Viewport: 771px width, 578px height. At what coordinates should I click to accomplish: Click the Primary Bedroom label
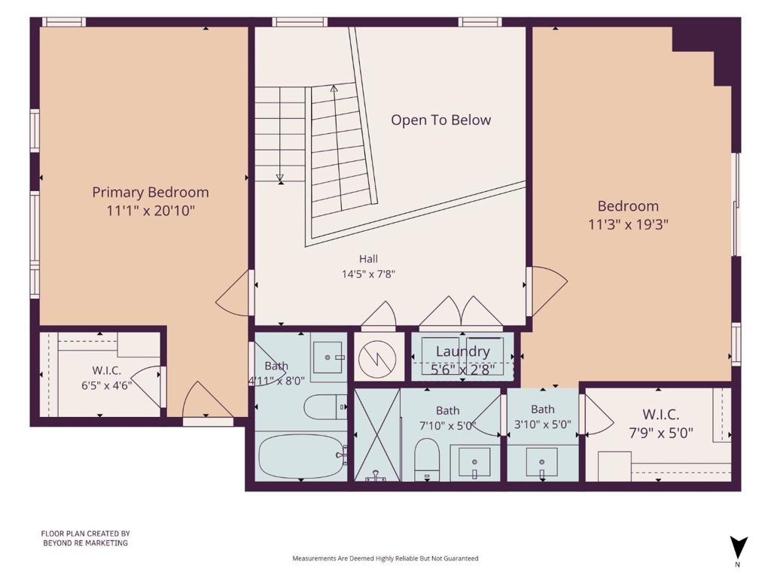151,192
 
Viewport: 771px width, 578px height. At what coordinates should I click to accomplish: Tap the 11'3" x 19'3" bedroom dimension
629,224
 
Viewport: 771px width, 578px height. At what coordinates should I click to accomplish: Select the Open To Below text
441,120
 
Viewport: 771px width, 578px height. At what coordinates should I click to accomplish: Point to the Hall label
368,259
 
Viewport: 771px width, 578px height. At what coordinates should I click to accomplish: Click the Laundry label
463,351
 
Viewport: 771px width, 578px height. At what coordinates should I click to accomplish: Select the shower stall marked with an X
377,434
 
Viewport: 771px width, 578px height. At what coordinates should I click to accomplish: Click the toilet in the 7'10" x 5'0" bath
426,459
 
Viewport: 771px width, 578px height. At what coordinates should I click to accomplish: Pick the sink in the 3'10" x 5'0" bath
542,463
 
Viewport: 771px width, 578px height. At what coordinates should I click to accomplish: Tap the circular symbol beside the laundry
377,357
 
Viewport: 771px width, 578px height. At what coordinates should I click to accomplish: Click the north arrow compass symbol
738,548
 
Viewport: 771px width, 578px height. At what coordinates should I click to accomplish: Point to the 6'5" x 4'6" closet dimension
107,385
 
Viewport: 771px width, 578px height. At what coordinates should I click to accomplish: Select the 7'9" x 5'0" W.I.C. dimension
661,433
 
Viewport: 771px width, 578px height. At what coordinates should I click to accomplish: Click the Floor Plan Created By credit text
86,538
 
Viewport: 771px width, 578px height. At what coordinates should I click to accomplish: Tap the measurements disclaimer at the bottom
385,558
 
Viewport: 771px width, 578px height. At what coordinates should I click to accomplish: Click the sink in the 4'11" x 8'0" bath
328,357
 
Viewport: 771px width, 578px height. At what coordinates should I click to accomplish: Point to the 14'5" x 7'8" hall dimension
368,274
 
